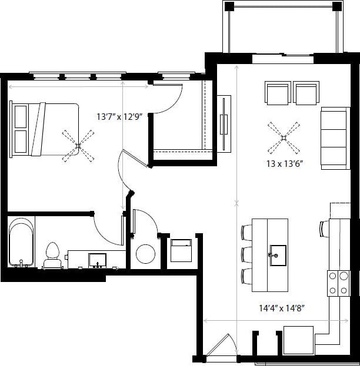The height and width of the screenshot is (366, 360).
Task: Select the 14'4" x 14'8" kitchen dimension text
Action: tap(285, 307)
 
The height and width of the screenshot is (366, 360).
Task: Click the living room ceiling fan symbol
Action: tap(283, 138)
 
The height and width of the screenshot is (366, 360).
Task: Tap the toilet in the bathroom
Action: tap(53, 253)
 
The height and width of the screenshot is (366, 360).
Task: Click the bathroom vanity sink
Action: tap(96, 259)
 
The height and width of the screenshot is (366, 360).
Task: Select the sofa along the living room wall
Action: tap(335, 137)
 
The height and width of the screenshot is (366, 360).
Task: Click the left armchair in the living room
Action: tap(278, 93)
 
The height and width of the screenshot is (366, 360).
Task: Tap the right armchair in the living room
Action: tap(306, 93)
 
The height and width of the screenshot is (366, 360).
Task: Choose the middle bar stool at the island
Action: tap(246, 254)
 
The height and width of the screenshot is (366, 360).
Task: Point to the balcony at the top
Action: tap(282, 29)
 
